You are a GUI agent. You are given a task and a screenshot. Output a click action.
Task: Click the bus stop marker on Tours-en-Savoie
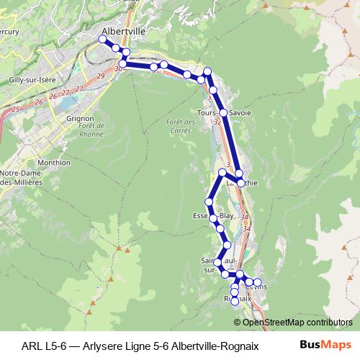click(x=224, y=113)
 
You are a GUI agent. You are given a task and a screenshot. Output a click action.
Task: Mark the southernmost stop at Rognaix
click(x=235, y=301)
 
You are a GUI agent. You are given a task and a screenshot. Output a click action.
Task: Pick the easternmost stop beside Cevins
click(x=258, y=282)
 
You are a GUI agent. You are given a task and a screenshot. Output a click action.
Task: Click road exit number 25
click(x=16, y=109)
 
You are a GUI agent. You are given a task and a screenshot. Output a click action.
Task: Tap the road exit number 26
click(x=40, y=103)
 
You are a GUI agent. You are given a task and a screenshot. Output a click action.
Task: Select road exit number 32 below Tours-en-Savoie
click(x=217, y=122)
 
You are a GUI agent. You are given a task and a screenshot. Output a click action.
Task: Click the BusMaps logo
click(x=323, y=344)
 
